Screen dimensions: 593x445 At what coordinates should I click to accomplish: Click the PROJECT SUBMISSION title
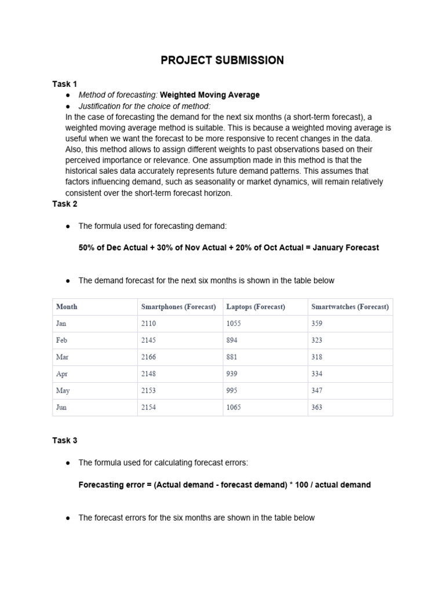click(222, 60)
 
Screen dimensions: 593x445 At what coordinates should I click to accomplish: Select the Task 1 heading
click(64, 84)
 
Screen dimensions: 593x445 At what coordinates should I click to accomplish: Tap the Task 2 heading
click(64, 204)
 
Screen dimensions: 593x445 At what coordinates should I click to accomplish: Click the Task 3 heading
click(64, 440)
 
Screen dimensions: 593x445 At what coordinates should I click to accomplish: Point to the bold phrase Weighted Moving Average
click(210, 95)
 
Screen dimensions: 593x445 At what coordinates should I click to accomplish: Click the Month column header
click(67, 307)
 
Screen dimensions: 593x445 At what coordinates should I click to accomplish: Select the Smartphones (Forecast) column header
click(178, 307)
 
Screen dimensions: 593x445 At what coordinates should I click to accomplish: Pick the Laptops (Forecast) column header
click(256, 307)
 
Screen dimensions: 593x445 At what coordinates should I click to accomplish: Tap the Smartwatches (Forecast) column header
click(350, 307)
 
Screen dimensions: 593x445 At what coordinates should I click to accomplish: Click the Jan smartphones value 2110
click(149, 324)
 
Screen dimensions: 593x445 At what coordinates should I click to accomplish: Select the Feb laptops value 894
click(232, 341)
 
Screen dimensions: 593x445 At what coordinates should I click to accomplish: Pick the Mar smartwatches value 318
click(317, 357)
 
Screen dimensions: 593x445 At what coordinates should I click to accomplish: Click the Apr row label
click(62, 374)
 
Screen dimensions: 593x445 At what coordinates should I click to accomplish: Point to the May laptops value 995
click(232, 391)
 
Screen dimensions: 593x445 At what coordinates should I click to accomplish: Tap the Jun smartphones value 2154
click(149, 408)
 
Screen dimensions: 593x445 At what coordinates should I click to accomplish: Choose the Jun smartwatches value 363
click(317, 408)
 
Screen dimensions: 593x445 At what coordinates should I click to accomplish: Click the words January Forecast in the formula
click(346, 247)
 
